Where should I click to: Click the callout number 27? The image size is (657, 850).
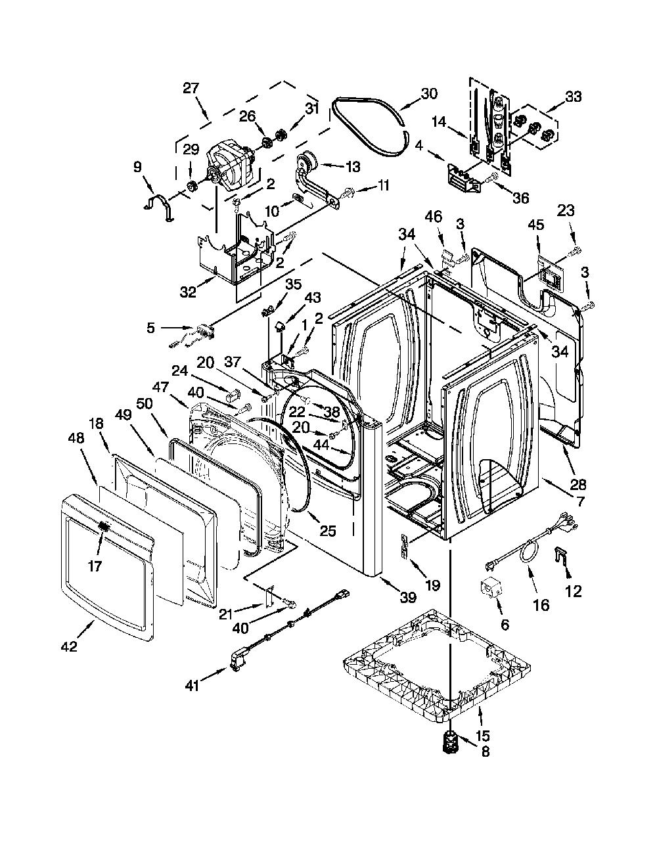point(191,88)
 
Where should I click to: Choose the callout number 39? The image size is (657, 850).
point(407,597)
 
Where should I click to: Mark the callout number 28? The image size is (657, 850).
point(578,485)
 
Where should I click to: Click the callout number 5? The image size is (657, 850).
point(151,328)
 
